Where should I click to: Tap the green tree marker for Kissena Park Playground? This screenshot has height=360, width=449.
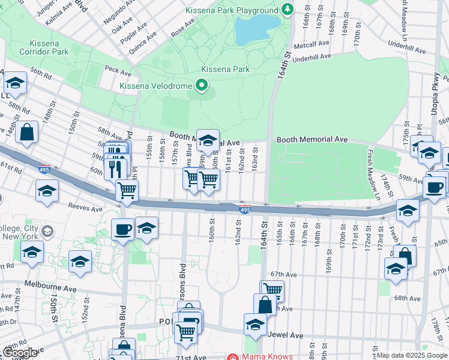click(288, 10)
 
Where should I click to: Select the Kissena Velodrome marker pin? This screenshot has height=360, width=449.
click(202, 86)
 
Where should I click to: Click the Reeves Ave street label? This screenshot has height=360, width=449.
click(85, 209)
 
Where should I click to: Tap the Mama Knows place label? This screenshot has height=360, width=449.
click(268, 356)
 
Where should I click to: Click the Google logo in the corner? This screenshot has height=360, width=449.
click(20, 353)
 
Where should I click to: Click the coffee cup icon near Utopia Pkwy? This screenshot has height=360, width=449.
click(433, 187)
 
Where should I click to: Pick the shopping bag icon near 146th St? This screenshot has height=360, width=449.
click(27, 132)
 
